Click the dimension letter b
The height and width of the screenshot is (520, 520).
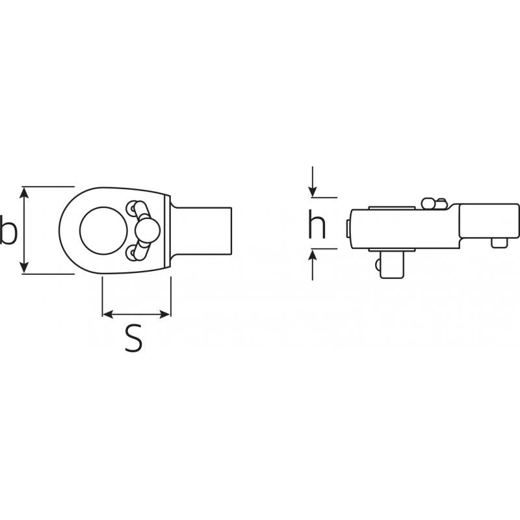[8, 229]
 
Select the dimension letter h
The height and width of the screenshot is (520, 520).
[317, 224]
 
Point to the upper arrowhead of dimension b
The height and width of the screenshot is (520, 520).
[24, 192]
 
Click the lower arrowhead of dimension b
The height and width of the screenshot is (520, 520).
[24, 268]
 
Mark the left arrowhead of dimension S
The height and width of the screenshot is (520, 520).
[108, 314]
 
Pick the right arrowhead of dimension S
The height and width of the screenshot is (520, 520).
[165, 314]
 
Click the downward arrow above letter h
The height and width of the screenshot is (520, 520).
[313, 182]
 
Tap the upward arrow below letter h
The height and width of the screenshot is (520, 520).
[313, 265]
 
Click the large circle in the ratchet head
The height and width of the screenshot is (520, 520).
[103, 231]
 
